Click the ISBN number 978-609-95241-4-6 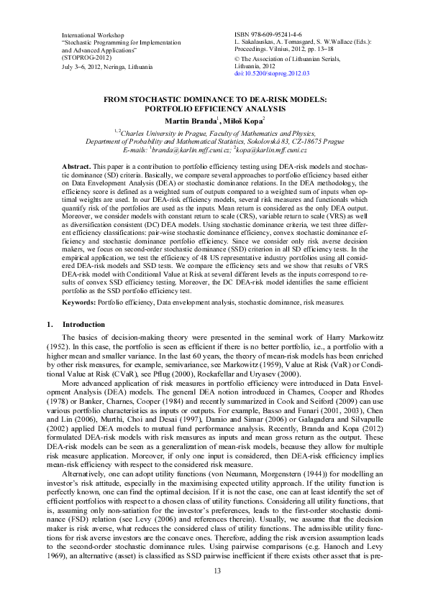276,34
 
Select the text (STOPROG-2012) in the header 84,58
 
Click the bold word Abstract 76,166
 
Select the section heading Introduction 83,325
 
